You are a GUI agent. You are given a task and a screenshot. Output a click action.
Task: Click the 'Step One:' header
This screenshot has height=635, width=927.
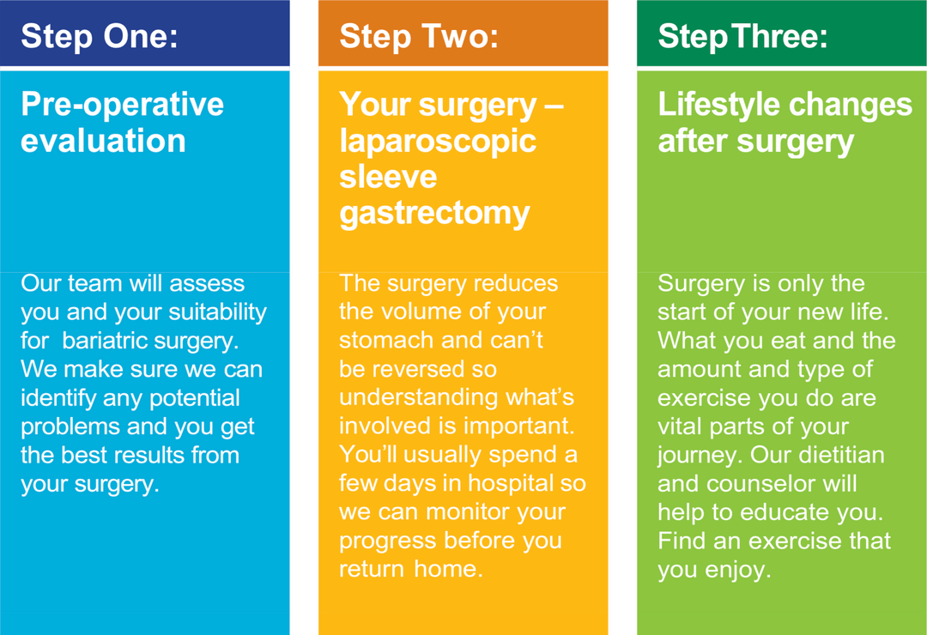coord(99,36)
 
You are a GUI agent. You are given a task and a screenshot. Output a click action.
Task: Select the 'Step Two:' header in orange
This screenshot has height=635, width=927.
coord(418,36)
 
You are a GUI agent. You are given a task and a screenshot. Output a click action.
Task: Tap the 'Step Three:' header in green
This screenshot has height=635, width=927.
coord(742,36)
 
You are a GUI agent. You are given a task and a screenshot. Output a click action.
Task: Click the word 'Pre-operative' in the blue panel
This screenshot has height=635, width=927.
coord(122,105)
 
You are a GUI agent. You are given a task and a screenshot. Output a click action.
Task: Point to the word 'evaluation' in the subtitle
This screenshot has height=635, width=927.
coord(103,141)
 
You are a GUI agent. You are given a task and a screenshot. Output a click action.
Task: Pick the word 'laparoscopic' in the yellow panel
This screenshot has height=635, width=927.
coord(438,142)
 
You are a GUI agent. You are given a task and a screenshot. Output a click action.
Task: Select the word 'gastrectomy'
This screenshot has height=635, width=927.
coord(434,213)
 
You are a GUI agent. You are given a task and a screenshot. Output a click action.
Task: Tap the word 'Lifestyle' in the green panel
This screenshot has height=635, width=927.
coord(719,105)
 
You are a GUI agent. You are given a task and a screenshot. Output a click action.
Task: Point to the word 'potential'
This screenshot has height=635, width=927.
coord(195,398)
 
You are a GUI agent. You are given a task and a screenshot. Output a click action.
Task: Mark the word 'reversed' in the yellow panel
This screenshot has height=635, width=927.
coord(411,369)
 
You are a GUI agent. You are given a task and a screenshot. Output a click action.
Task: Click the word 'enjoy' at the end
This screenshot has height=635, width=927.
coord(737,570)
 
